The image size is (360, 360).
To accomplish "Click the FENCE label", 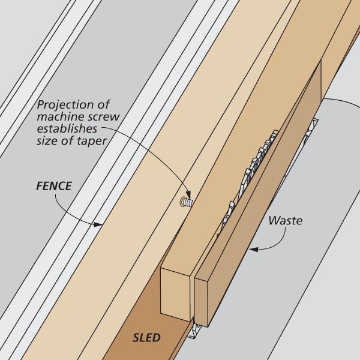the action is coord(53,187).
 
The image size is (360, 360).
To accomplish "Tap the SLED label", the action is coord(146,338).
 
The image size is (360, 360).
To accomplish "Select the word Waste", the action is coord(285,220).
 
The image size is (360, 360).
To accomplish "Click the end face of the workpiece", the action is coord(176,294).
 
